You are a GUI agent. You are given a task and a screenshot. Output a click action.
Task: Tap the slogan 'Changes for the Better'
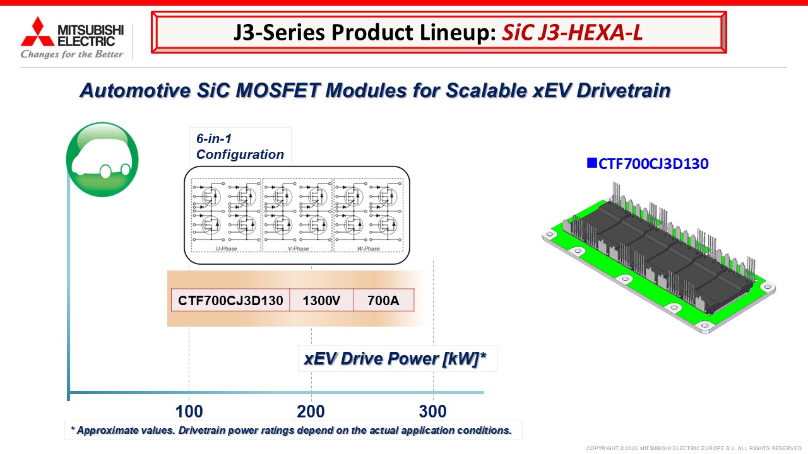[x=72, y=54]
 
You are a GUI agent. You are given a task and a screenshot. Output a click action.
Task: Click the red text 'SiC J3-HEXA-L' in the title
[x=572, y=32]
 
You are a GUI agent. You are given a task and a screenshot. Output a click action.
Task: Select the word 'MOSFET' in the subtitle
[x=277, y=90]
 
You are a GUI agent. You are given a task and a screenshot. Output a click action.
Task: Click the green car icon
[x=102, y=160]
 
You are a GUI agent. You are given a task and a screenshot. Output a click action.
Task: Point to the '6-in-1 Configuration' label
[x=240, y=147]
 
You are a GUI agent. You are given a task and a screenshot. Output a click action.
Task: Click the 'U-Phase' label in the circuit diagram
[x=226, y=248]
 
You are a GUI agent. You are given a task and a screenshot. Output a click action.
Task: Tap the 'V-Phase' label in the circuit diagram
[x=299, y=248]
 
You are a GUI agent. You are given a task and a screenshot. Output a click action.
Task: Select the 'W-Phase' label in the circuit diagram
[x=368, y=248]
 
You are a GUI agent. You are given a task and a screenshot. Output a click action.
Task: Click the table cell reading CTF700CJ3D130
[x=230, y=300]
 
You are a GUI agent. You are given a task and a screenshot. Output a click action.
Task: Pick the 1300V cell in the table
[x=321, y=300]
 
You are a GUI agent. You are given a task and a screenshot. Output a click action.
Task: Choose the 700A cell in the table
[x=383, y=300]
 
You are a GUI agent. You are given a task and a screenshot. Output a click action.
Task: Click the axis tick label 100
[x=189, y=412]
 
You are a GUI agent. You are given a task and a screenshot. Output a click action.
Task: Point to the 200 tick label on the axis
[x=311, y=412]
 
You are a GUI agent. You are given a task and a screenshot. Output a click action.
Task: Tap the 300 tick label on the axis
[x=433, y=412]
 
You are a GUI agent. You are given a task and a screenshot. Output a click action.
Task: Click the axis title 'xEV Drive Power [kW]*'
[x=395, y=359]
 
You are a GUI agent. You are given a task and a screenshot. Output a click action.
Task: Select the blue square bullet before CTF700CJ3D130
[x=592, y=163]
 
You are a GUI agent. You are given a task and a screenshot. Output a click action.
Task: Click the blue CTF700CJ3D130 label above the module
[x=653, y=164]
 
